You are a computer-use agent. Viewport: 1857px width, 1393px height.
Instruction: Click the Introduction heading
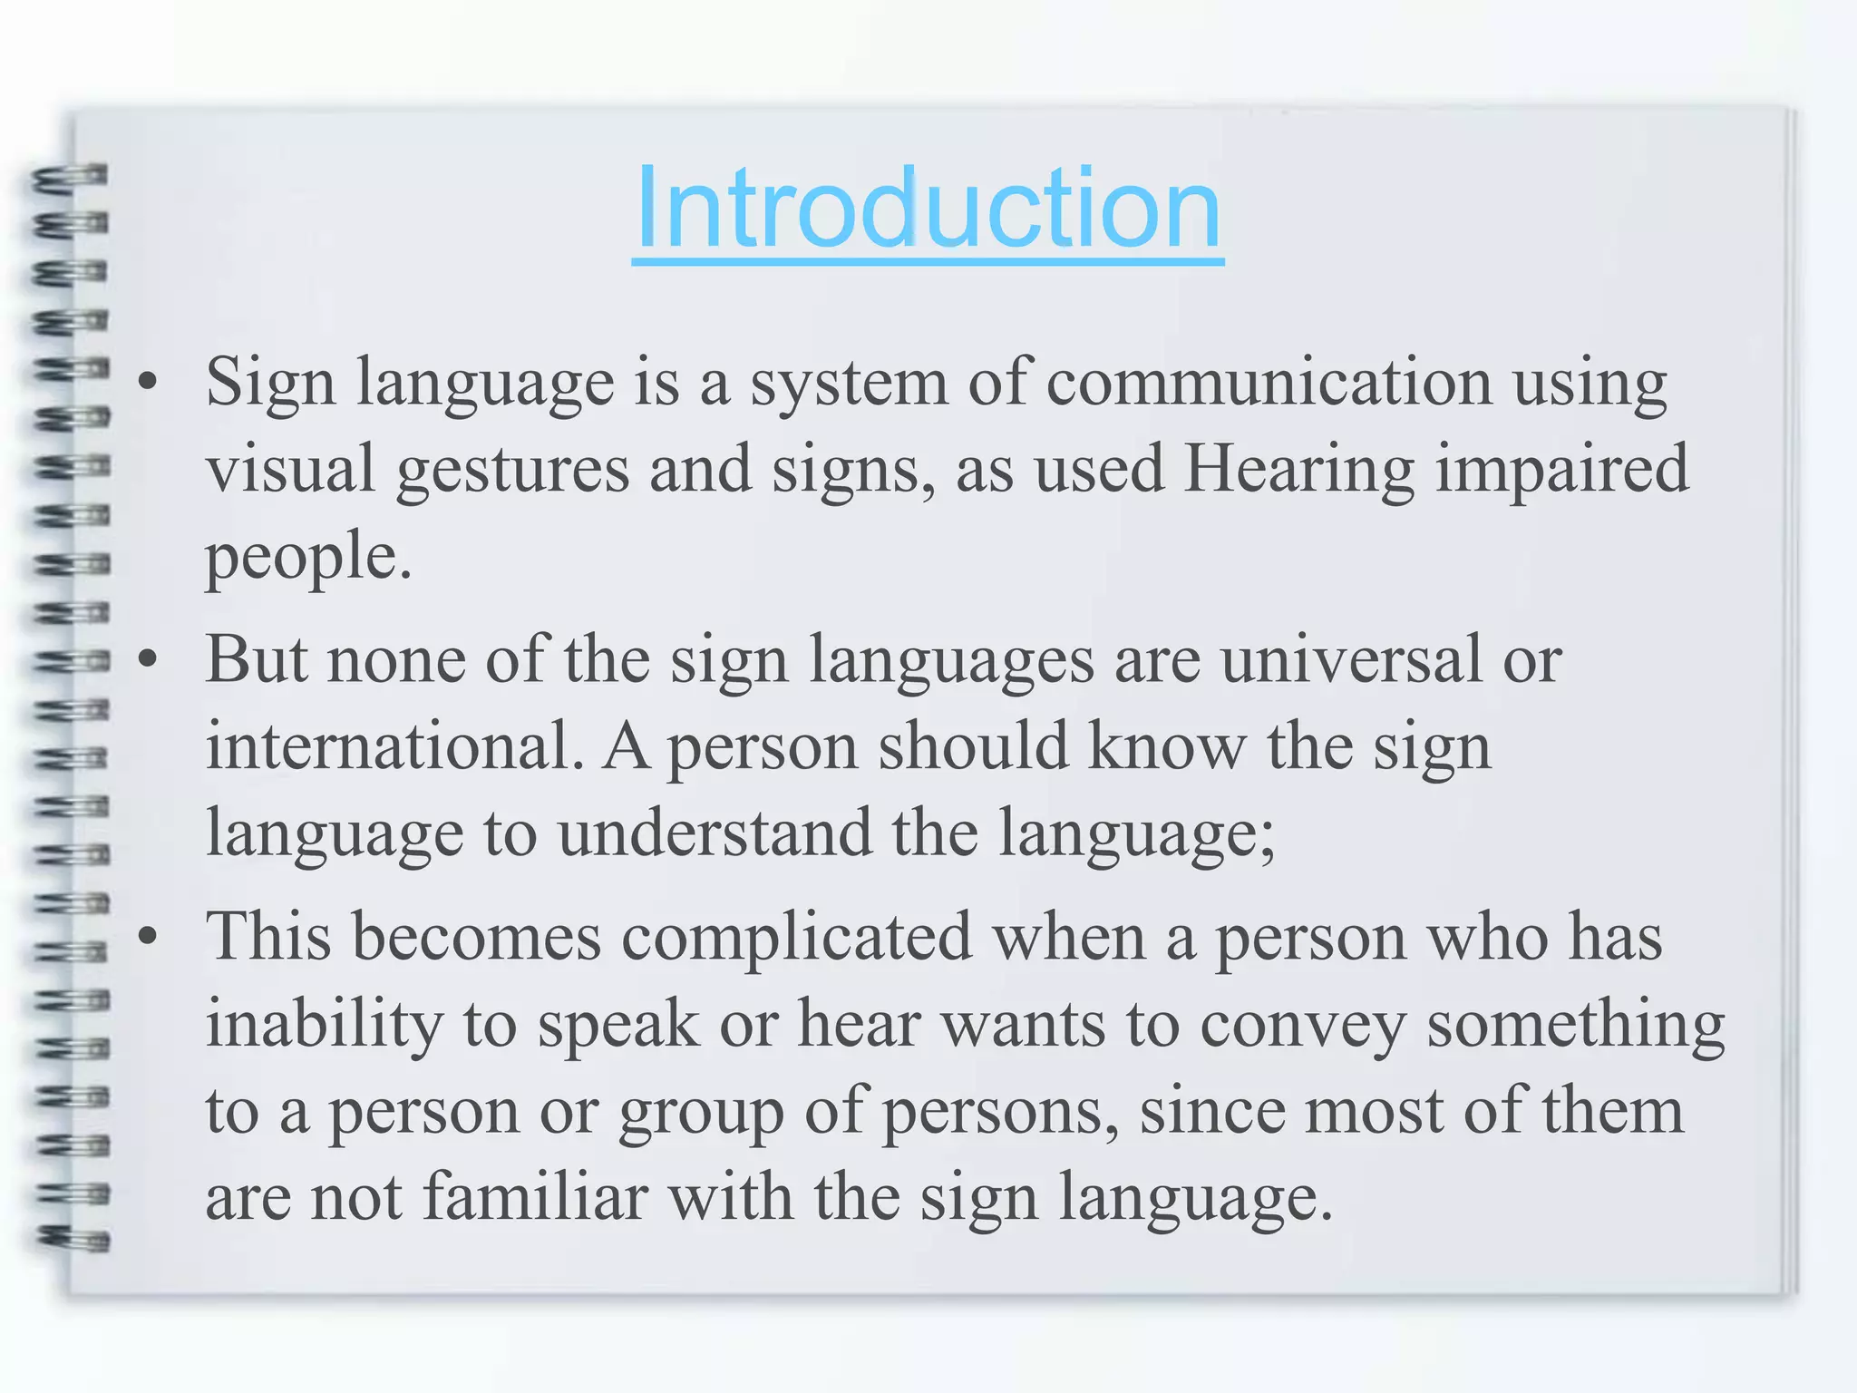[928, 209]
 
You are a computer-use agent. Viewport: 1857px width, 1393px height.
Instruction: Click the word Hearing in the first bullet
[1298, 470]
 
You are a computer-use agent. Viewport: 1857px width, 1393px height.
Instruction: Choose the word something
[1575, 1025]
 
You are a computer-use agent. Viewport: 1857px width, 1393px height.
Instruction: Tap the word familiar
[535, 1196]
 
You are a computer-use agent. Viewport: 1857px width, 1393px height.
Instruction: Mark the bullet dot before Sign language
[148, 385]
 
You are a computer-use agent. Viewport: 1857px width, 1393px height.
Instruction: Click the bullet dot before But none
[148, 661]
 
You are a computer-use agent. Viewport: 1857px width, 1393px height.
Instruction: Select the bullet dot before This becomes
[148, 938]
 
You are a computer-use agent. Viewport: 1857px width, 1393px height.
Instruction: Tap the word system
[849, 385]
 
